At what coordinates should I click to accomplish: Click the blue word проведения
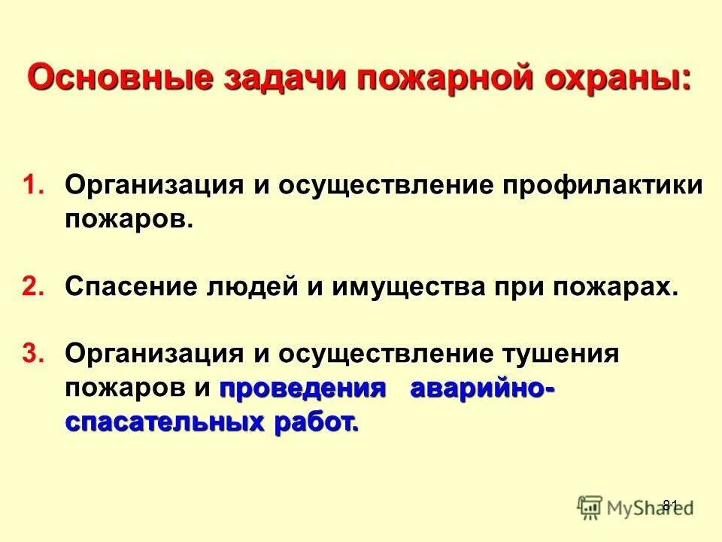pyautogui.click(x=302, y=388)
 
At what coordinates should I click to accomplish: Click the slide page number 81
pyautogui.click(x=670, y=504)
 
